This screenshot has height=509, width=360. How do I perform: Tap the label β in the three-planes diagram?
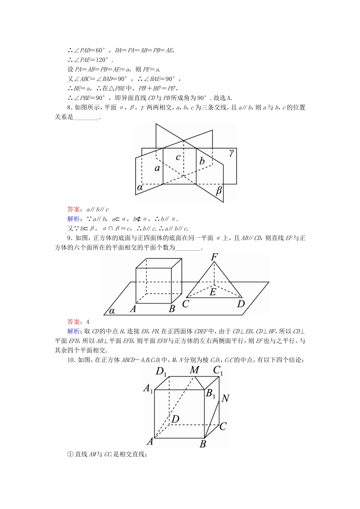pos(219,190)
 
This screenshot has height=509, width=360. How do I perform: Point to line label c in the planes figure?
pos(178,156)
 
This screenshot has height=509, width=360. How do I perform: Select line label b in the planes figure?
pos(202,161)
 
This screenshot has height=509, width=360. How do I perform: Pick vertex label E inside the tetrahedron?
pos(213,292)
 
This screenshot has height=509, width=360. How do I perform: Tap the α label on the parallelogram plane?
pos(112,311)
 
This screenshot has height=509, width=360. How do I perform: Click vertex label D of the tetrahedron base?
pos(241,304)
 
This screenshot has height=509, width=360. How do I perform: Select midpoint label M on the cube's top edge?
pos(194,370)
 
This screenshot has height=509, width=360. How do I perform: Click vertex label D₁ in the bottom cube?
pos(161,372)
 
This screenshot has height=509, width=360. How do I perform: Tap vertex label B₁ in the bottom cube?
pos(210,393)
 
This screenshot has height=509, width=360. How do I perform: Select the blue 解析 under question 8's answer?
pos(74,219)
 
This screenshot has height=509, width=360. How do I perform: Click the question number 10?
pos(71,360)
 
